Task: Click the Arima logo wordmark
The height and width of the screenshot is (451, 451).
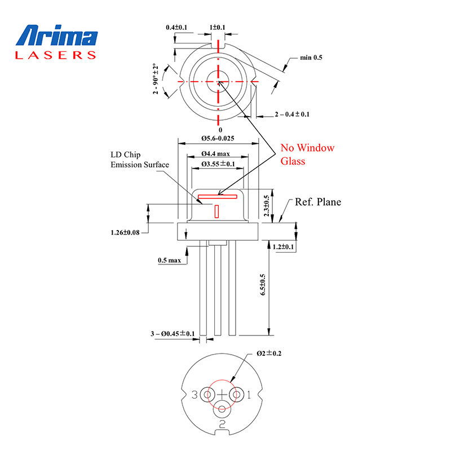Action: point(57,35)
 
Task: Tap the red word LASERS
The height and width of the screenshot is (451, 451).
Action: point(55,55)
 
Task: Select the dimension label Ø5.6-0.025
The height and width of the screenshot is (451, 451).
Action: point(218,138)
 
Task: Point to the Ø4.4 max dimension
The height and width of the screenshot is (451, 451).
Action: point(215,153)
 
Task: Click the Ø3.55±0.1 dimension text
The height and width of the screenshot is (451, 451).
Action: point(218,164)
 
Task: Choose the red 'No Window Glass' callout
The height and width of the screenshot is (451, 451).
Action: point(307,154)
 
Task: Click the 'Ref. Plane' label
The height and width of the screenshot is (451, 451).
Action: point(318,202)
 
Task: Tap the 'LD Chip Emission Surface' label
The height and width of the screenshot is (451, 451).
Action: point(140,160)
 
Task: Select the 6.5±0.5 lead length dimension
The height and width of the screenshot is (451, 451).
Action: point(263,285)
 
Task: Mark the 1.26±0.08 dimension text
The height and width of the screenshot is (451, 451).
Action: point(125,232)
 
